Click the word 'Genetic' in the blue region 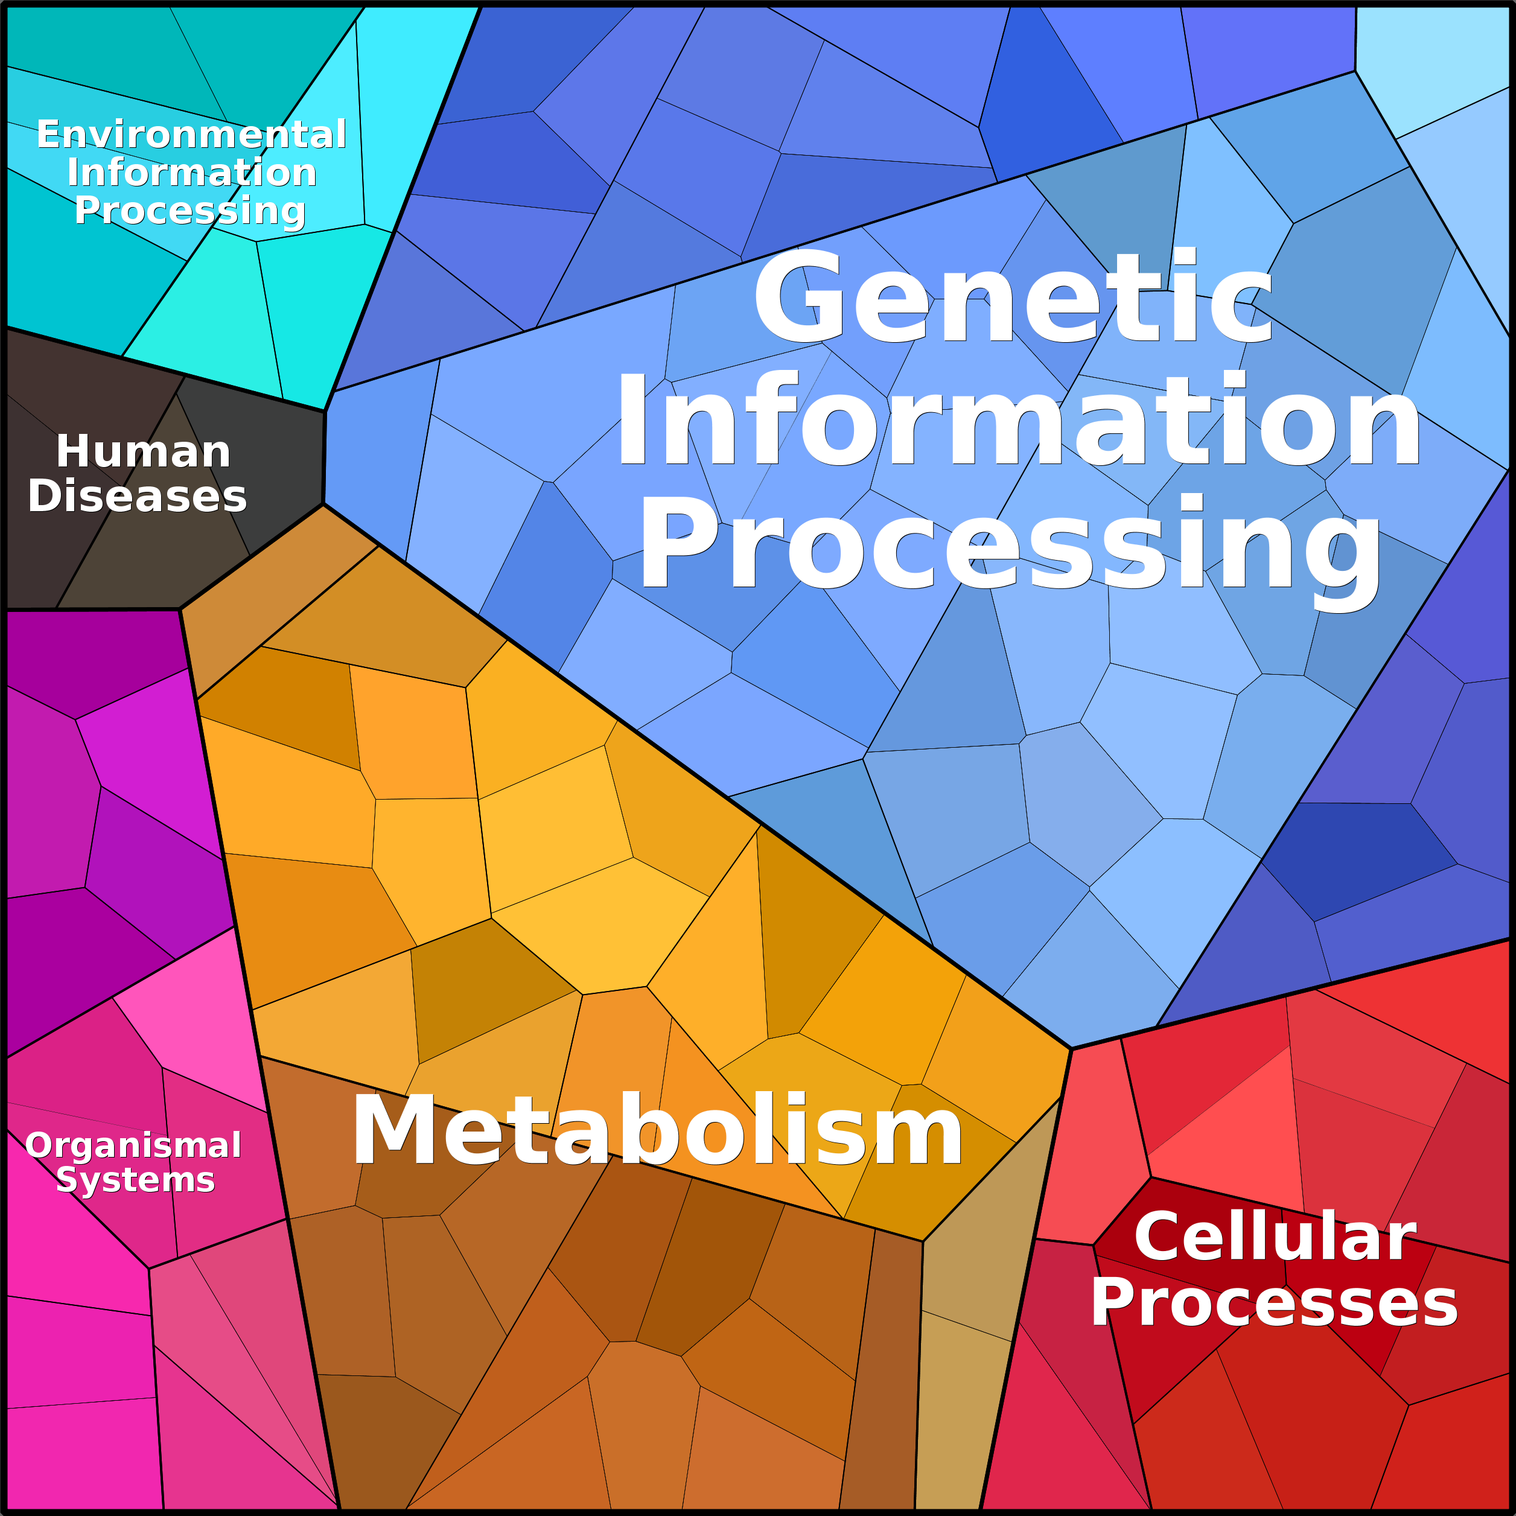pos(1012,298)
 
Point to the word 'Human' pos(143,452)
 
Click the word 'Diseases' pos(138,497)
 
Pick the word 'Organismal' pos(133,1145)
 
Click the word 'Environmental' pos(191,135)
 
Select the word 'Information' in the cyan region pos(191,173)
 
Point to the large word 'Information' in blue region pos(1018,421)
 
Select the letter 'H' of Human pos(73,452)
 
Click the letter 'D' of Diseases pos(45,497)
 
